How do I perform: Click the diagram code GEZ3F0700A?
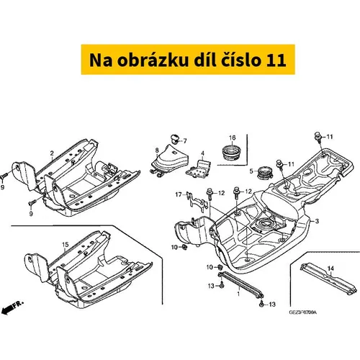[x=302, y=312]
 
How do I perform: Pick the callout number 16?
[x=232, y=138]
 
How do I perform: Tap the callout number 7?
[x=185, y=141]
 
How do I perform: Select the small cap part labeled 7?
[x=175, y=139]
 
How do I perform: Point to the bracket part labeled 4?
[x=199, y=169]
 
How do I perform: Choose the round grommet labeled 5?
[x=264, y=172]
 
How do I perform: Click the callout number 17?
[x=179, y=194]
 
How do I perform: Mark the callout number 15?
[x=66, y=245]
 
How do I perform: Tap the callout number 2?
[x=52, y=153]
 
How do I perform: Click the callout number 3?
[x=317, y=221]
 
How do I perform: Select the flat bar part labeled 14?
[x=328, y=279]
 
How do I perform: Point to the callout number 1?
[x=238, y=294]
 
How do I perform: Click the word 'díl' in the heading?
[x=204, y=60]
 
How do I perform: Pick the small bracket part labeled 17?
[x=197, y=202]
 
